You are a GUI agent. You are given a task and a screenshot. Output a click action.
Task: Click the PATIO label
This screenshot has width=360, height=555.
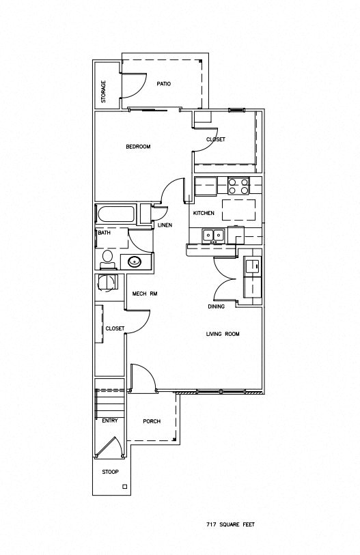[x=163, y=84]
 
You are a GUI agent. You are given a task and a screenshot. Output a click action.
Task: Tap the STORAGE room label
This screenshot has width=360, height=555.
[x=104, y=92]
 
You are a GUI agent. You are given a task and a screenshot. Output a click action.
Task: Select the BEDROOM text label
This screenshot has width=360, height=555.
[x=137, y=147]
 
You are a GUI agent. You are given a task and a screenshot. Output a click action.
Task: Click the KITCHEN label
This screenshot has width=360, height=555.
[x=204, y=214]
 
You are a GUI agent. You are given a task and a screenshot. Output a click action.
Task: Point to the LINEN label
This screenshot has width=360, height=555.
[x=165, y=225]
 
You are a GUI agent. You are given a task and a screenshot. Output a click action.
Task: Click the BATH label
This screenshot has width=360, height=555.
[x=104, y=233]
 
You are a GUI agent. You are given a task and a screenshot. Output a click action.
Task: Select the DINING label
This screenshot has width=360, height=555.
[x=217, y=307]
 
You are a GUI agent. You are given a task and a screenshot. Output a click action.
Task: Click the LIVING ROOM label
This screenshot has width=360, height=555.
[x=223, y=334]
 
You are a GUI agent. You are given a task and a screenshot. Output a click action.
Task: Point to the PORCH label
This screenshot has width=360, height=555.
[x=151, y=421]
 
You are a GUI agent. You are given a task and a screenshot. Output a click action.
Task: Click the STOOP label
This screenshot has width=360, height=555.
[x=110, y=472]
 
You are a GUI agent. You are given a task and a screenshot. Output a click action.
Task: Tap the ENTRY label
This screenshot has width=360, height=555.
[x=109, y=421]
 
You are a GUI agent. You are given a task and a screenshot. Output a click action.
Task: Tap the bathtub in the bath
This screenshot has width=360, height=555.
[x=117, y=214]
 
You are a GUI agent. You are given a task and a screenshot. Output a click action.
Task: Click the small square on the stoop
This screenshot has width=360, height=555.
[x=124, y=487]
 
